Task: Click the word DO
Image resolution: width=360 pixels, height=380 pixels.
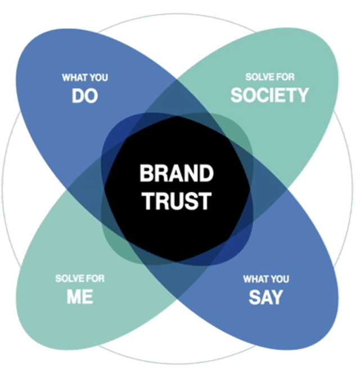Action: pyautogui.click(x=85, y=96)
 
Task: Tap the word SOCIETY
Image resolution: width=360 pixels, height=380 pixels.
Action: pyautogui.click(x=269, y=95)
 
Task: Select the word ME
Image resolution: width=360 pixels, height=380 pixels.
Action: pyautogui.click(x=79, y=297)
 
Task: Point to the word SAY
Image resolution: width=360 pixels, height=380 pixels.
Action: pyautogui.click(x=265, y=297)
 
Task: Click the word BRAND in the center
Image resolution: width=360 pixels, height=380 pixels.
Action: pyautogui.click(x=176, y=173)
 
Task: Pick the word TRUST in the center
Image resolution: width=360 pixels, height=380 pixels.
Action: pyautogui.click(x=176, y=201)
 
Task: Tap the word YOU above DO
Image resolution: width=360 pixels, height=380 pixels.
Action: pyautogui.click(x=98, y=78)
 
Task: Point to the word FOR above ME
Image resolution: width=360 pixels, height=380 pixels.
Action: pyautogui.click(x=95, y=279)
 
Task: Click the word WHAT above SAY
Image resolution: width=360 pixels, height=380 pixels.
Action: pyautogui.click(x=255, y=279)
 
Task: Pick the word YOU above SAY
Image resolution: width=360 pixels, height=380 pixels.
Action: pyautogui.click(x=279, y=279)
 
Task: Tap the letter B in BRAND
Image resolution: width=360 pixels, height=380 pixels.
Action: pyautogui.click(x=146, y=173)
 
